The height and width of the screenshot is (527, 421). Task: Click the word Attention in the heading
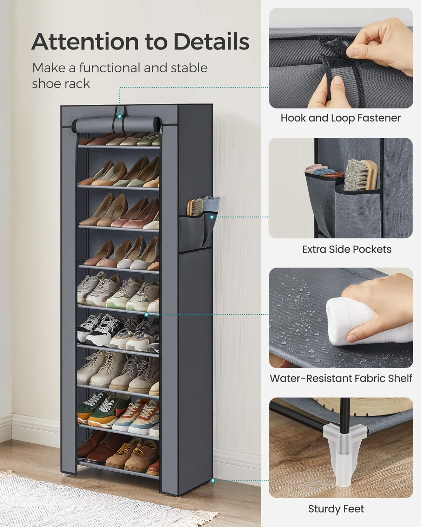coord(83,41)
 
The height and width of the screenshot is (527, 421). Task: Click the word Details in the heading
coord(211,41)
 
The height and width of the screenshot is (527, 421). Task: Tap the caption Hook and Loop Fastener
coord(340,118)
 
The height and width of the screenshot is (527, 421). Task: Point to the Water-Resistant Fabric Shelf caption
coord(341,378)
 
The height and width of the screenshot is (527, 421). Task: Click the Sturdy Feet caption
coord(336,509)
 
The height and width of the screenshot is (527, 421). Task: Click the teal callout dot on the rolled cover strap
coord(120,116)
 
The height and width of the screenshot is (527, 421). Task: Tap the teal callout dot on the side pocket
coord(212,217)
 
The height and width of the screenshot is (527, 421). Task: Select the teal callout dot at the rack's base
coord(212,480)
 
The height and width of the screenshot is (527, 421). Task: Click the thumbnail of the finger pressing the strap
coord(340,58)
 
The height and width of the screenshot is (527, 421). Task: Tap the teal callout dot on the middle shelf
coord(146,314)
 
